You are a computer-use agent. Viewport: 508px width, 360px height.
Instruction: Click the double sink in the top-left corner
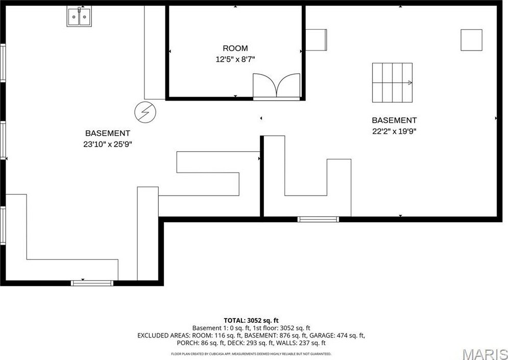tap(79, 17)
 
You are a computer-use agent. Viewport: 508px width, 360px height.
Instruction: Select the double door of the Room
tap(276, 85)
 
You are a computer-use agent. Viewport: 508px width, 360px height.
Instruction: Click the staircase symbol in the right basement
tap(392, 82)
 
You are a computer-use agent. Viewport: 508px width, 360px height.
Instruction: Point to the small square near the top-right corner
tap(471, 40)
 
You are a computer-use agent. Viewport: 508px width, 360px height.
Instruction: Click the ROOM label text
tap(235, 49)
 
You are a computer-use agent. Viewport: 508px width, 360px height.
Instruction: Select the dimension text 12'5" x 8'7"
tap(235, 59)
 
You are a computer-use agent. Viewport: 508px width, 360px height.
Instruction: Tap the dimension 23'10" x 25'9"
tap(108, 144)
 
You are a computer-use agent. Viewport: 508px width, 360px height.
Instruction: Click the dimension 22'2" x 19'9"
tap(394, 131)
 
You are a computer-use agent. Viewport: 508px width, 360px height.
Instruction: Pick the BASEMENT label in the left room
tap(108, 133)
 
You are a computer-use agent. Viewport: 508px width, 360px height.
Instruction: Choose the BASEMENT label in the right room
tap(394, 121)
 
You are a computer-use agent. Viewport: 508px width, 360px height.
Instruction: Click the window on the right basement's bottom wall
tap(318, 219)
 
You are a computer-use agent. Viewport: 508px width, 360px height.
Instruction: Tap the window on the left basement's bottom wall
tap(92, 282)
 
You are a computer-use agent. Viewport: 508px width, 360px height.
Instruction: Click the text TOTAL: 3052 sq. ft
tap(251, 320)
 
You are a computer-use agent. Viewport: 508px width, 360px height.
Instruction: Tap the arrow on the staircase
tap(409, 82)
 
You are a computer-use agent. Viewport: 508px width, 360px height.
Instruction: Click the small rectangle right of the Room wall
tap(316, 40)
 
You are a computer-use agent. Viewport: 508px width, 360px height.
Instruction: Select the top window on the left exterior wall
tap(3, 63)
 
